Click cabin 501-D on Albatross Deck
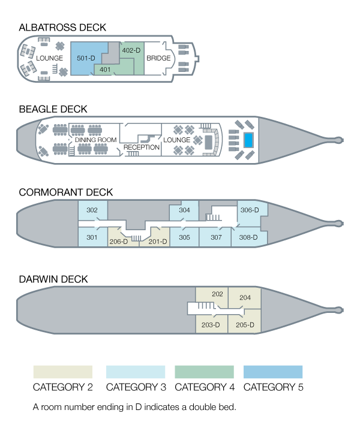point(86,58)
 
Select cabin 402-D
point(131,51)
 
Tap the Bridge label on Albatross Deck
point(158,58)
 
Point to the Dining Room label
point(95,140)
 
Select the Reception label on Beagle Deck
point(141,147)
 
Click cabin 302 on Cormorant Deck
point(92,210)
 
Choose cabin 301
point(92,237)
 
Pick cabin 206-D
point(118,242)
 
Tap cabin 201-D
point(157,242)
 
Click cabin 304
point(184,210)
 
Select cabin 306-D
point(249,210)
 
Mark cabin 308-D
point(248,237)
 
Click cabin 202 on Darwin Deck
point(217,294)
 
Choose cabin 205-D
point(245,325)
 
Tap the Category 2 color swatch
point(62,372)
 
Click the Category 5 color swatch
point(273,372)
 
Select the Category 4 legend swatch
point(204,372)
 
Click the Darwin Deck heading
point(53,279)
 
